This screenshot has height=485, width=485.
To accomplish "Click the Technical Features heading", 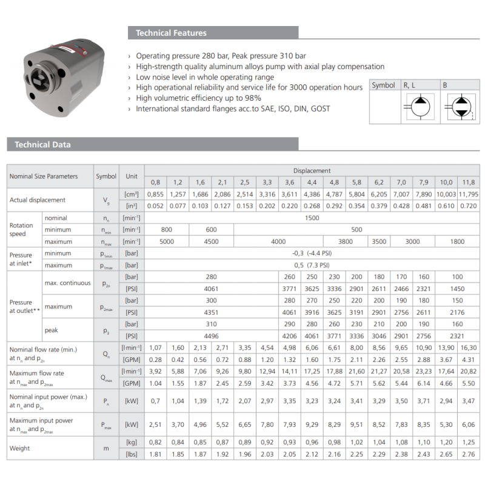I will pos(171,33).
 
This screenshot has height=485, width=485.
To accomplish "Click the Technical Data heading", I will pos(42,144).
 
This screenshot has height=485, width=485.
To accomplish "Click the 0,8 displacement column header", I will pos(155,182).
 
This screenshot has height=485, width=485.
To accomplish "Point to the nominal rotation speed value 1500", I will pos(311,218).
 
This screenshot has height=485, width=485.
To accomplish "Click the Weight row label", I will pos(20,448).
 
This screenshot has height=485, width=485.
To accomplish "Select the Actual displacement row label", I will pos(38,200).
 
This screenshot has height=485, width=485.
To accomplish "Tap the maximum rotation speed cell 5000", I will pos(167,241).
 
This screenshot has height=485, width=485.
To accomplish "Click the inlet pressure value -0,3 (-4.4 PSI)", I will pos(311,254).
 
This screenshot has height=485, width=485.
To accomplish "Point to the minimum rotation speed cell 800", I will pos(167,230).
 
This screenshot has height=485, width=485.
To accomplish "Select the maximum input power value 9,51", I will pos(356,424).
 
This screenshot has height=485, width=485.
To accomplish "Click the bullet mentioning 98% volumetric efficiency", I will pos(199,98).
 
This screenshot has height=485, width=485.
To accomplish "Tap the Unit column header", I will pos(132,176).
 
